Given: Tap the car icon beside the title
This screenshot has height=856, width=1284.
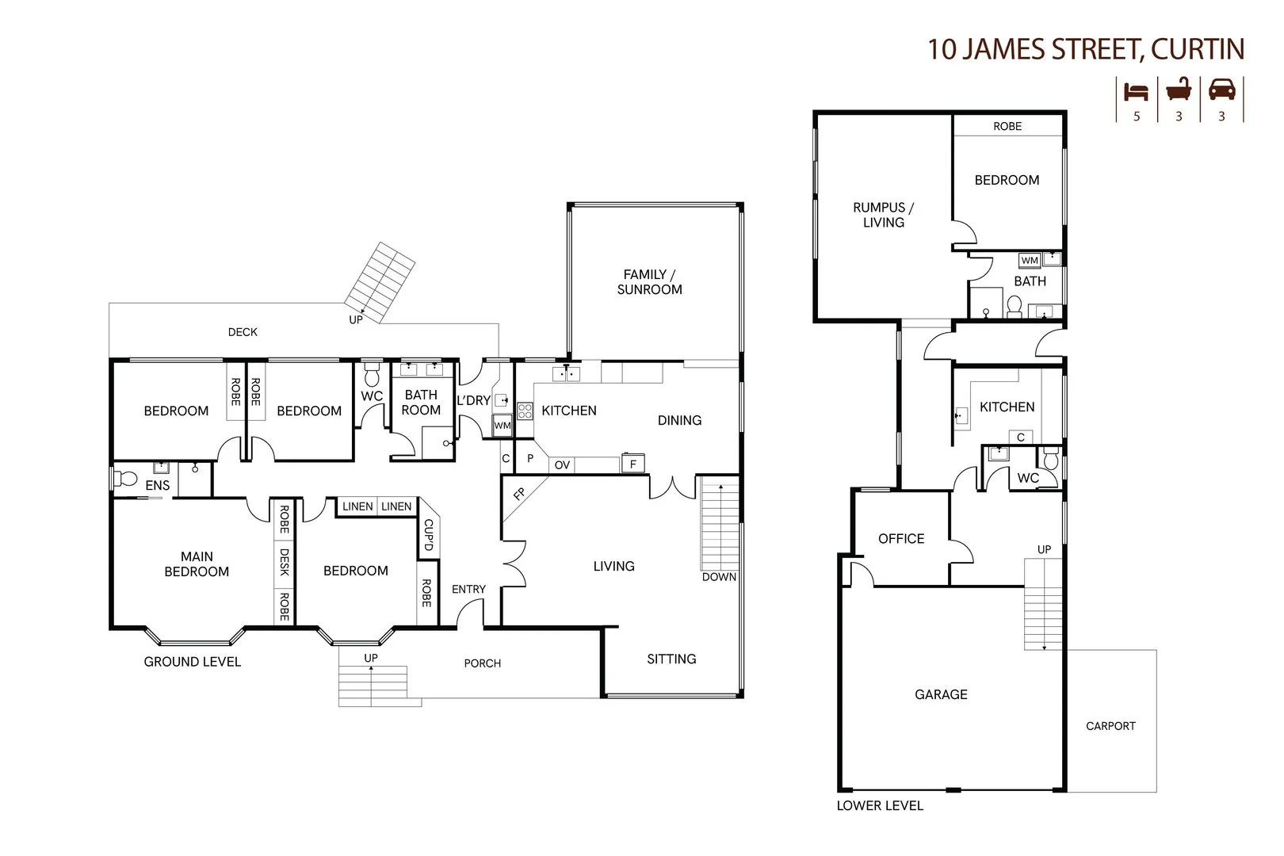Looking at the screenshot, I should click(x=1221, y=90).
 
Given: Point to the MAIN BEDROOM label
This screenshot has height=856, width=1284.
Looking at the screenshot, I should click(x=197, y=564).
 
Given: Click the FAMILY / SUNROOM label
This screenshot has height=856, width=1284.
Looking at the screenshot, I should click(x=649, y=282).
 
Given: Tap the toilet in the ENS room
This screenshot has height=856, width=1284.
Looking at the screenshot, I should click(x=124, y=480).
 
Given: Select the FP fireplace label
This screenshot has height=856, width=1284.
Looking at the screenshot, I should click(x=519, y=495).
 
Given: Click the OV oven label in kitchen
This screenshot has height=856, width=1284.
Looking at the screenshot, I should click(x=562, y=465).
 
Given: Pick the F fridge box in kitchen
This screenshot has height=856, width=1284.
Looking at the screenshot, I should click(x=632, y=464).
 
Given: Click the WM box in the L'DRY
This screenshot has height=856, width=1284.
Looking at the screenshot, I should click(x=502, y=426).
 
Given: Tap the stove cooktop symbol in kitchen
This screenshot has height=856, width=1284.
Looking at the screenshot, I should click(x=525, y=411).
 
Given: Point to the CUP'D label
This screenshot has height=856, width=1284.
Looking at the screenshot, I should click(x=428, y=535).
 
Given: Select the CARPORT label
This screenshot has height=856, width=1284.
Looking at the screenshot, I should click(x=1110, y=726).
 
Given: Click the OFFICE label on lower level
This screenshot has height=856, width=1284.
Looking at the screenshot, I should click(x=901, y=539).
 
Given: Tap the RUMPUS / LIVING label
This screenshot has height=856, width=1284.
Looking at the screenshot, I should click(x=884, y=216).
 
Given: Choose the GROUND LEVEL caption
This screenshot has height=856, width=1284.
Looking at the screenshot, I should click(x=193, y=662).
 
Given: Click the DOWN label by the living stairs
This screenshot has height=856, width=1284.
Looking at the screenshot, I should click(x=719, y=577).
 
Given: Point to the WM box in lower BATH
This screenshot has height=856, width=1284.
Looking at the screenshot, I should click(x=1029, y=261).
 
